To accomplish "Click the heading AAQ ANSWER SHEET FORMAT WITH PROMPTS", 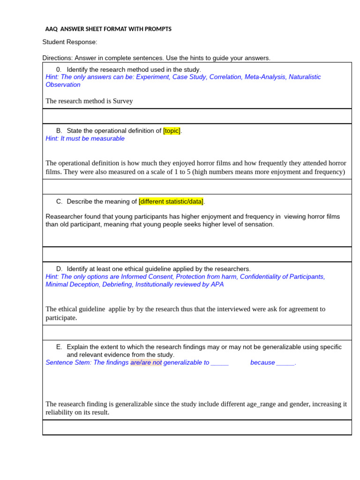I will (x=108, y=29).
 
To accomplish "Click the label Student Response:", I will (x=70, y=42).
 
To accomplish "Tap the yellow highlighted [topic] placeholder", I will (x=172, y=131).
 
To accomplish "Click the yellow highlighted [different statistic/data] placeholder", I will (x=171, y=202).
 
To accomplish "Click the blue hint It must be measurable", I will (x=85, y=139).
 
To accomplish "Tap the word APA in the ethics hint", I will (x=217, y=285).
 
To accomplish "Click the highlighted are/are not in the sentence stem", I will (x=146, y=363).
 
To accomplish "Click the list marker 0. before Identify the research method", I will (x=59, y=69).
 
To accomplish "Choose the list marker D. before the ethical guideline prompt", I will (x=59, y=269).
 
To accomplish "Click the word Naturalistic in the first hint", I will (x=304, y=77).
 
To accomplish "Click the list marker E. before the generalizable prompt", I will (x=59, y=347).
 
